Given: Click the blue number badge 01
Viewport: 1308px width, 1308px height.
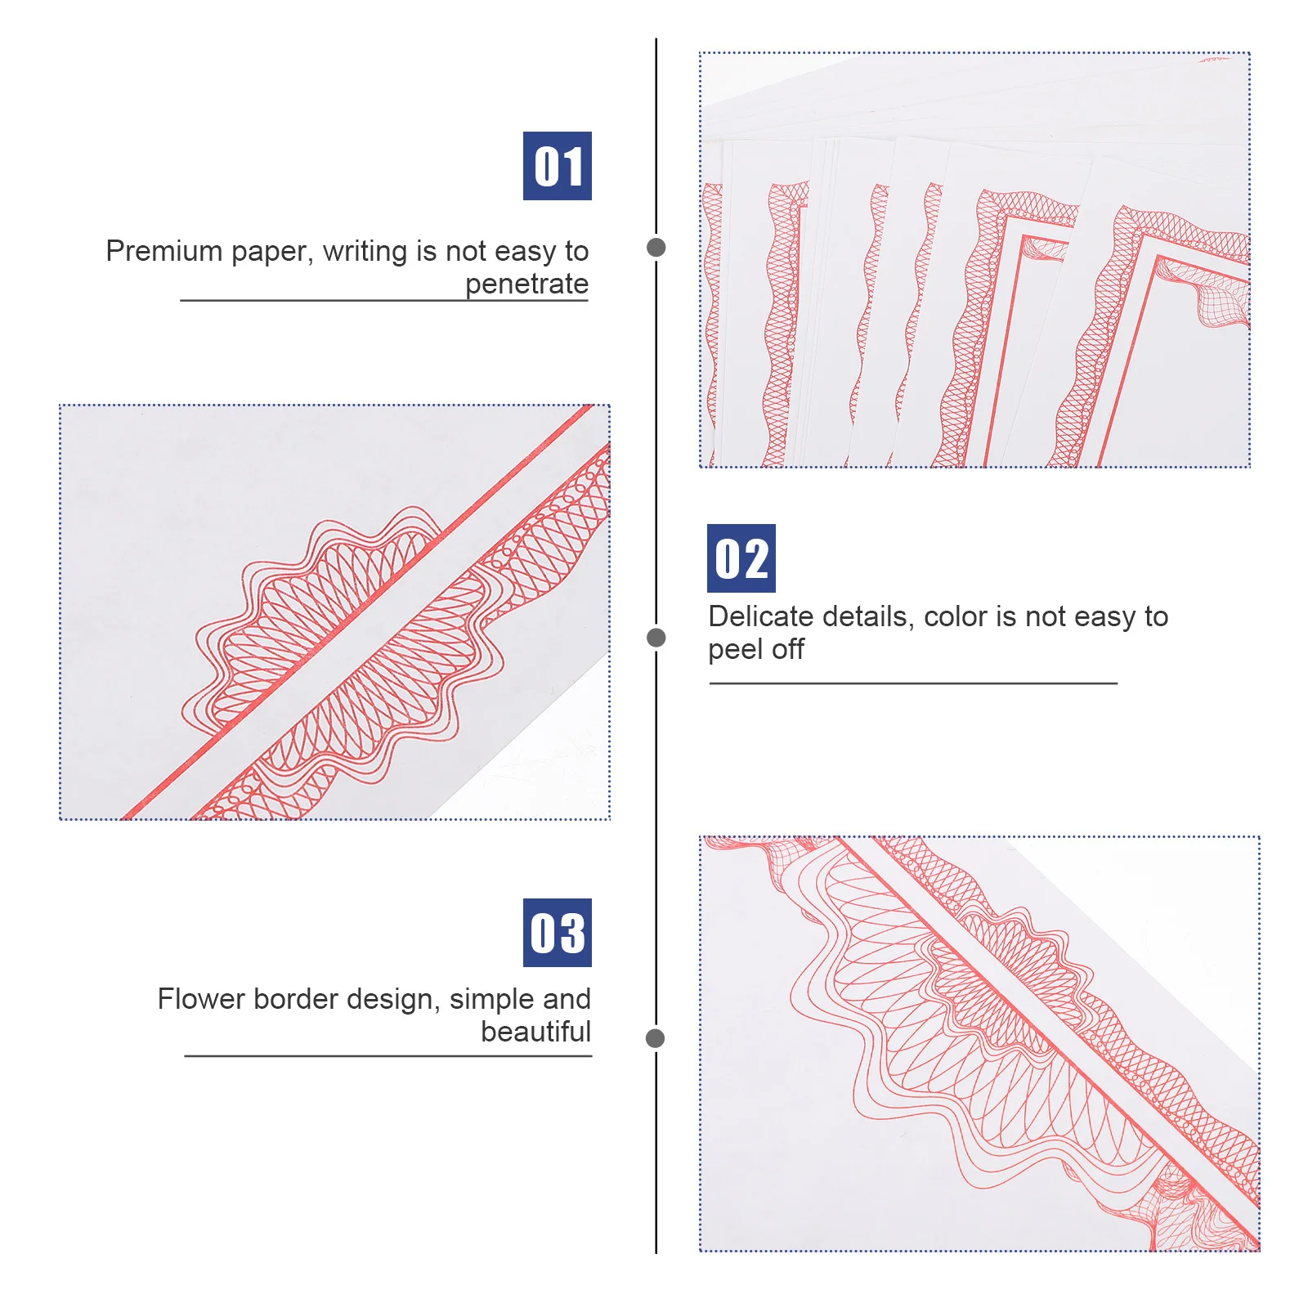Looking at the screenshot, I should point(557,166).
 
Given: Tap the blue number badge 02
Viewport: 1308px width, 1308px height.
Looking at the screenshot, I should point(741,558).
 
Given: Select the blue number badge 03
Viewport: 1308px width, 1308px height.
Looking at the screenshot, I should point(557,933).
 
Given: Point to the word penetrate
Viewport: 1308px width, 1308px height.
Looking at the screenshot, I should point(526,284).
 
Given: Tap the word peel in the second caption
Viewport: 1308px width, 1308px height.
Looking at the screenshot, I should point(736,650).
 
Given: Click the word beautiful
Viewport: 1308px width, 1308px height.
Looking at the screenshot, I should point(535,1032).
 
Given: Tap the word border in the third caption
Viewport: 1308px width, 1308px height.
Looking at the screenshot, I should point(298,999).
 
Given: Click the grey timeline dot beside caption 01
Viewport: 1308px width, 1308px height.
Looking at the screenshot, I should point(656,247).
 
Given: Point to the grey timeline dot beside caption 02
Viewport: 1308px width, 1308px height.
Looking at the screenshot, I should point(656,638).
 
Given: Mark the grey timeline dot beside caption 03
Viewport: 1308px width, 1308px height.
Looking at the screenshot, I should point(655,1038).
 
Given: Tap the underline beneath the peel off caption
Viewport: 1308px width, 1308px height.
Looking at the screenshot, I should point(912,683).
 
